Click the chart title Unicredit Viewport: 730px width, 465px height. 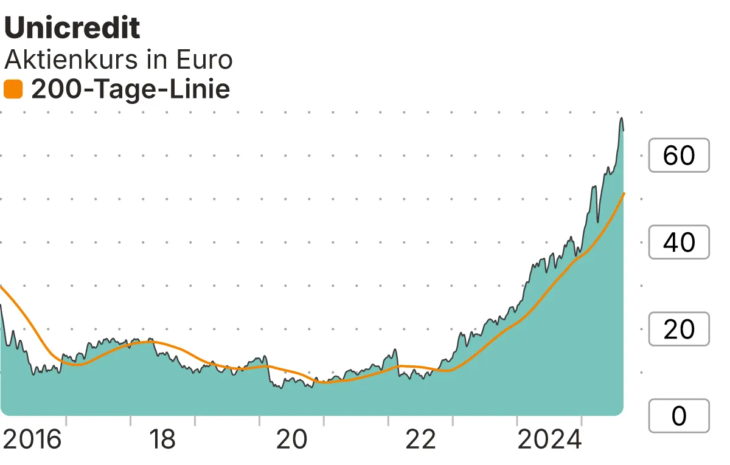coord(72,28)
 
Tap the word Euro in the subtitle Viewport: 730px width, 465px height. coord(204,60)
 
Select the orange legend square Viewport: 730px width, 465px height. coord(13,89)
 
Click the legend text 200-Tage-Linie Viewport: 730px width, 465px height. coord(130,89)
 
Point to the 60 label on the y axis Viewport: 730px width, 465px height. coord(679,156)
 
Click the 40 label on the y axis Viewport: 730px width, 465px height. coord(679,243)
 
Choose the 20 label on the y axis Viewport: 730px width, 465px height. coord(679,329)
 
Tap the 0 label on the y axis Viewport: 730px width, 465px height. coord(679,416)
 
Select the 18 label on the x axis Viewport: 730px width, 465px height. coord(162,439)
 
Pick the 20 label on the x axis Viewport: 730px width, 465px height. coord(291,439)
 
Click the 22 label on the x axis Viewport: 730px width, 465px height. coord(420,439)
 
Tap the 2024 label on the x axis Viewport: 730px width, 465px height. coord(550,439)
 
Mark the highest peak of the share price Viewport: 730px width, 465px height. coord(622,118)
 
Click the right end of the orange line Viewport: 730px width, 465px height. coord(625,193)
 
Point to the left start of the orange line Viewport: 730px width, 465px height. coord(1,286)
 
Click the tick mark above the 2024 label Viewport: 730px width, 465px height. coord(582,421)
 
